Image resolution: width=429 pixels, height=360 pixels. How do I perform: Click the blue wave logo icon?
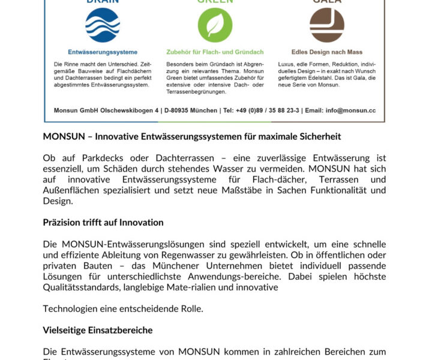(103, 25)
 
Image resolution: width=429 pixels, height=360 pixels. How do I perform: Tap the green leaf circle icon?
(215, 25)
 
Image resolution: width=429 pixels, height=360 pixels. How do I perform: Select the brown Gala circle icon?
(327, 25)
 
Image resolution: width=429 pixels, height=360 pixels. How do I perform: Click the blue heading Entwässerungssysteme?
(103, 52)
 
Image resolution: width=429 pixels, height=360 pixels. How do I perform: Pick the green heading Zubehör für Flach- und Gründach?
(214, 52)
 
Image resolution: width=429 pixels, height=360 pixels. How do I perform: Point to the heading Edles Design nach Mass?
(327, 52)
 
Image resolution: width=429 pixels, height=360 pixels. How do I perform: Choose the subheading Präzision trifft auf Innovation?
(103, 223)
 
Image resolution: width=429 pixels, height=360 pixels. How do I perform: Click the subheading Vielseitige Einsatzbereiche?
(98, 330)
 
